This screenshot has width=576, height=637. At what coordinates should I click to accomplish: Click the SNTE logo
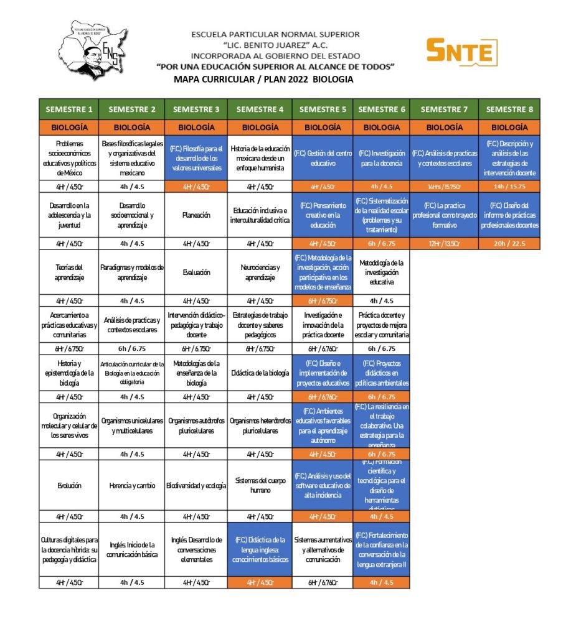tap(461, 52)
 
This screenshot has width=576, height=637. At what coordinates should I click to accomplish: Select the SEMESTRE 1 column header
tap(69, 109)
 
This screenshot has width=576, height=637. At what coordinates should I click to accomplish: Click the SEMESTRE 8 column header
tap(509, 109)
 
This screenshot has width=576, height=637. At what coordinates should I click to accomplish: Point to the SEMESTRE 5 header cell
tap(322, 109)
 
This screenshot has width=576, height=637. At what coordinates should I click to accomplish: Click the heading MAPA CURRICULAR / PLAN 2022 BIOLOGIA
tap(263, 79)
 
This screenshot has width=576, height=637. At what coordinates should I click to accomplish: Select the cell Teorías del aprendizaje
tap(69, 272)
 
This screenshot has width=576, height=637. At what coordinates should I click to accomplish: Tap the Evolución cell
tap(69, 485)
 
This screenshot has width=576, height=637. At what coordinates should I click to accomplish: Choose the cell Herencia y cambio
tap(132, 485)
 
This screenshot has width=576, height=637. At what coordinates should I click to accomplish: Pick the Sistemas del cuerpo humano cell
tap(260, 485)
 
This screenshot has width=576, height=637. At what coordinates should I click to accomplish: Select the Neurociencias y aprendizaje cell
tap(260, 272)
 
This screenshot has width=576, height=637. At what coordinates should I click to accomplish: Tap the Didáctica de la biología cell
tap(260, 373)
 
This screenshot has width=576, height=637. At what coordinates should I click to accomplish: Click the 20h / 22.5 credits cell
tap(509, 243)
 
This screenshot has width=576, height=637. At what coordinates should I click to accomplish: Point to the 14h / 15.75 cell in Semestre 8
tap(509, 185)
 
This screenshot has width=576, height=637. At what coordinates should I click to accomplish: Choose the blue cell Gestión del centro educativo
tap(322, 158)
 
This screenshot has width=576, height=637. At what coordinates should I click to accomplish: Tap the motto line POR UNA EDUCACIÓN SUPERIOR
tap(275, 67)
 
